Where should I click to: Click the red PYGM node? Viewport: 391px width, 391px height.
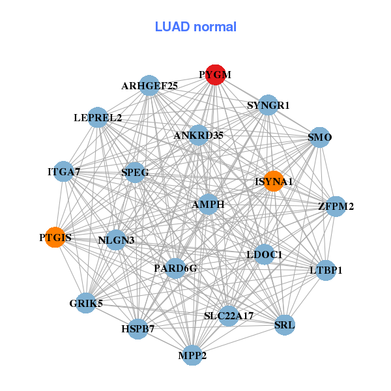point(215,75)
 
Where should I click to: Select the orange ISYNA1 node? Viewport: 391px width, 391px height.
point(274,181)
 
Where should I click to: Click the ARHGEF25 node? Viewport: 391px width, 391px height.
point(150,85)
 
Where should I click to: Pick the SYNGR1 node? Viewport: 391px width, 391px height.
point(268,105)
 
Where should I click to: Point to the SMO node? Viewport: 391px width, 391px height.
point(319,138)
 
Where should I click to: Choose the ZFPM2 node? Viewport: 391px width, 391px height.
point(336,207)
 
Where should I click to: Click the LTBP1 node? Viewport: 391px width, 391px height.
point(326,270)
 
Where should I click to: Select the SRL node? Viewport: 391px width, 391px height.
point(285,325)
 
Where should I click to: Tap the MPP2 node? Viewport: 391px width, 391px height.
point(192,355)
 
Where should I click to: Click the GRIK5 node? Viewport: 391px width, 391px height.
point(86,303)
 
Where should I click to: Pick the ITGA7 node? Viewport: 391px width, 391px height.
point(63,172)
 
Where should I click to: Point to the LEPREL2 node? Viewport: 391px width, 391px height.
point(98,118)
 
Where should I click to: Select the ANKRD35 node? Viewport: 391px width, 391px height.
point(199,136)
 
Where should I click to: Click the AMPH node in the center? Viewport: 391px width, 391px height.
point(209,204)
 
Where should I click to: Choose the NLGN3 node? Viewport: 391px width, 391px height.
point(116,240)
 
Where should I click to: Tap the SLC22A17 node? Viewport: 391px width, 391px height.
point(229,316)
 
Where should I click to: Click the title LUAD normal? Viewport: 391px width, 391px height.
point(195,27)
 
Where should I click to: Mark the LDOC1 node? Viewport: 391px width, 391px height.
point(264,254)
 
